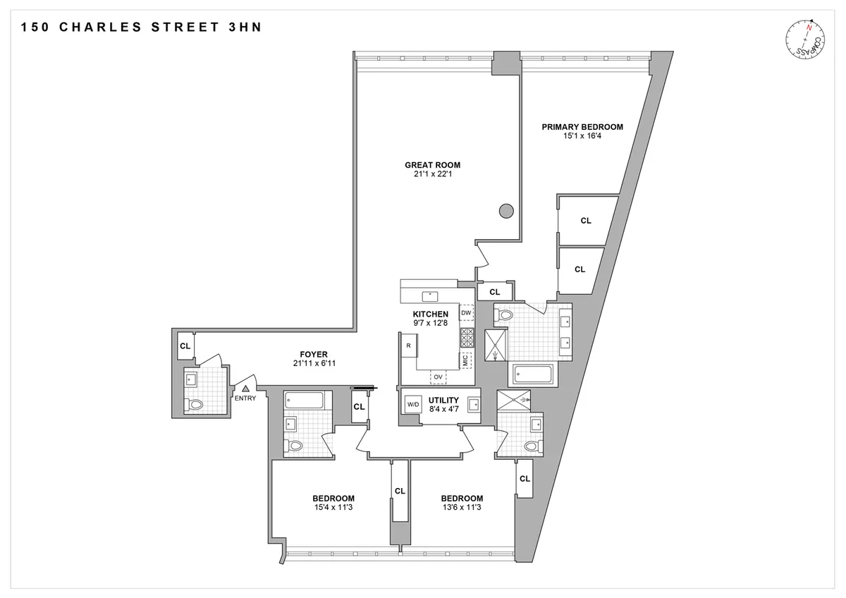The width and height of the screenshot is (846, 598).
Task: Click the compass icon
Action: tap(805, 41)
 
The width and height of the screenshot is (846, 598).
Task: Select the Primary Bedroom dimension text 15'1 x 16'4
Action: tap(582, 136)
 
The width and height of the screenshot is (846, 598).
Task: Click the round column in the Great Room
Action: tap(505, 210)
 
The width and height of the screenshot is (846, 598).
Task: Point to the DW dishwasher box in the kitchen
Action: tap(466, 312)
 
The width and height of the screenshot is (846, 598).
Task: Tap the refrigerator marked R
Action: tap(408, 346)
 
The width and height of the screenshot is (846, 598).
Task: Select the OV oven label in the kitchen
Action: tap(438, 377)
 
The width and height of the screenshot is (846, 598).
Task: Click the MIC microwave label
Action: tap(465, 360)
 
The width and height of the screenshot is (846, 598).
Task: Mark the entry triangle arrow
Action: tap(245, 388)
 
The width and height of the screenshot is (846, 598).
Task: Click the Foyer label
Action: tap(313, 354)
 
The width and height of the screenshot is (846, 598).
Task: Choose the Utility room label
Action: tap(443, 400)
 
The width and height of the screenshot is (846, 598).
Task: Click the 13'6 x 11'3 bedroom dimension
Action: tap(462, 507)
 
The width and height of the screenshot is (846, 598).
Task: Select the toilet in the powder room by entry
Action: tap(195, 405)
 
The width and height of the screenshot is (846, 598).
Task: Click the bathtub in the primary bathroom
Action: tap(534, 374)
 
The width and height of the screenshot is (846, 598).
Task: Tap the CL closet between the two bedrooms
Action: tap(400, 491)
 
